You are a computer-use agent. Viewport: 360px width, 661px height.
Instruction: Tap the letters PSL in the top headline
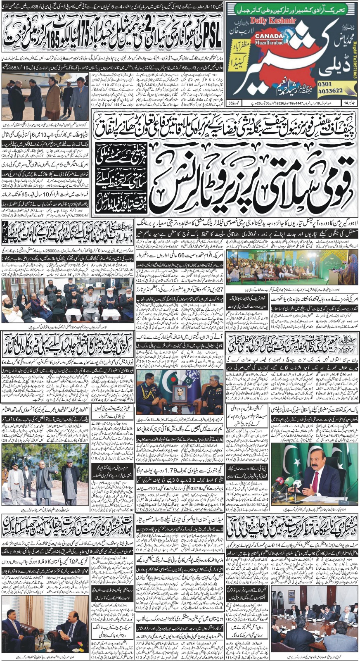(x=214, y=32)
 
